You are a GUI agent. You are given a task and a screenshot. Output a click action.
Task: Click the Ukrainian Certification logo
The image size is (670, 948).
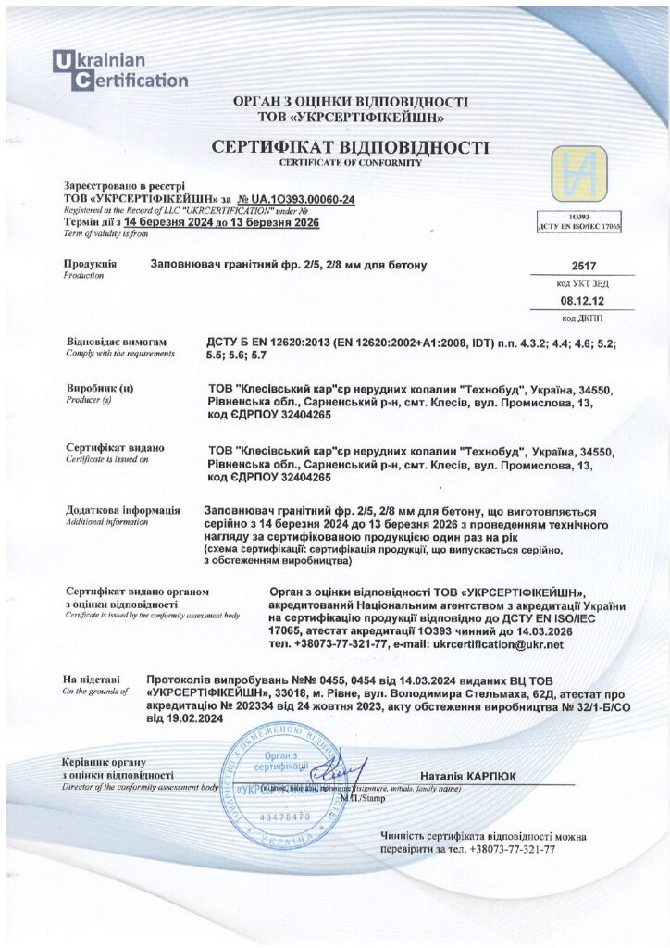point(119,71)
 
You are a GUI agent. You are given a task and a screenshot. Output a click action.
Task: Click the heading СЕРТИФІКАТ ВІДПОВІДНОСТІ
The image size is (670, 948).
point(350,148)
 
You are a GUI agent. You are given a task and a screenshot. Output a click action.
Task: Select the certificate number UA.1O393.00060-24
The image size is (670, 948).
point(304,199)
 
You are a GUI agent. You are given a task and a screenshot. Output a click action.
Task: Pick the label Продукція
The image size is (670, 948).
point(90,265)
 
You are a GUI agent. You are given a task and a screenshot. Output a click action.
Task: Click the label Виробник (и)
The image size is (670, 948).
point(99,389)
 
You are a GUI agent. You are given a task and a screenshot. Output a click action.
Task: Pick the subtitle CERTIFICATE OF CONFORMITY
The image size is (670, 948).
point(350,162)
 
